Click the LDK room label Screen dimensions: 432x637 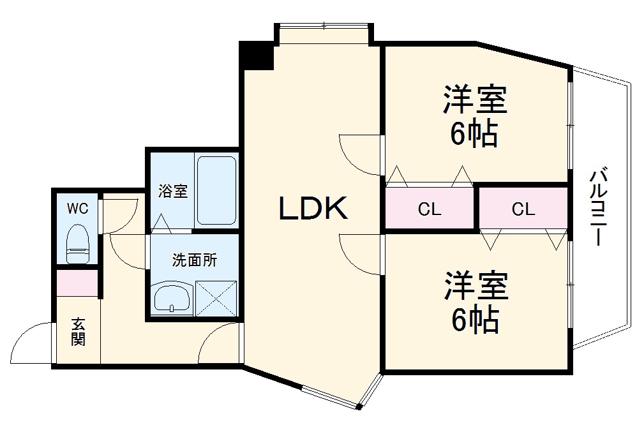313,209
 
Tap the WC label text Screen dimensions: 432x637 78,208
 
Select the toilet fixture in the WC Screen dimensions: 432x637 78,244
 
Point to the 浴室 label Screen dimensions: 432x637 173,191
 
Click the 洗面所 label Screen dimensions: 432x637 195,260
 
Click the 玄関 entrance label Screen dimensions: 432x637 78,332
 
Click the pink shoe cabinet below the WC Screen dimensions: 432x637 77,283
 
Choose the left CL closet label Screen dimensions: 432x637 429,209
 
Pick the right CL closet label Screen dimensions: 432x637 523,209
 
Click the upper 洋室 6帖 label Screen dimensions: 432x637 476,117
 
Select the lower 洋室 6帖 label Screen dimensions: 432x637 476,302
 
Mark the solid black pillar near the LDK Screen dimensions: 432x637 257,55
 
